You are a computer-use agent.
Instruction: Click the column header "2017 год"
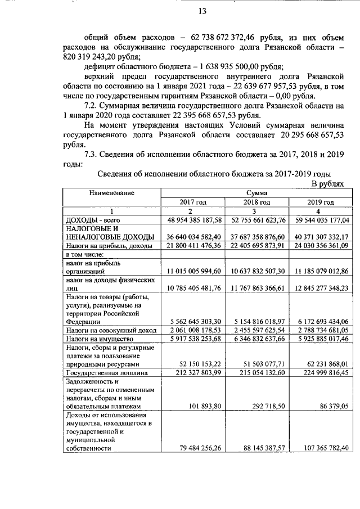pos(193,202)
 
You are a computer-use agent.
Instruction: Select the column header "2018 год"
pos(257,202)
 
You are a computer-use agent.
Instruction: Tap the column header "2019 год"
pos(320,202)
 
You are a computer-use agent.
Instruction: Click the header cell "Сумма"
pos(256,193)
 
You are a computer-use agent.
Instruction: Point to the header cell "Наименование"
pos(111,193)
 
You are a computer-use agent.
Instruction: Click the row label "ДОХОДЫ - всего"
pos(94,220)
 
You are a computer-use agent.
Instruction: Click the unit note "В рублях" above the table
pos(327,184)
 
